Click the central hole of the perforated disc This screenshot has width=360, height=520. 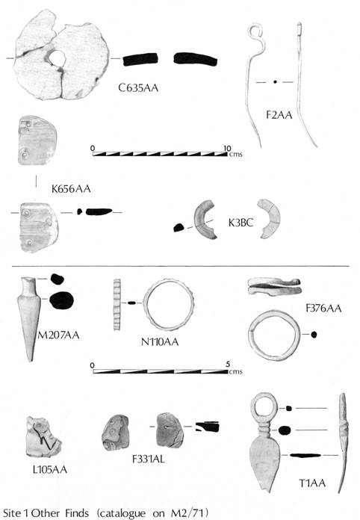[58, 58]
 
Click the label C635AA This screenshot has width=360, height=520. [138, 88]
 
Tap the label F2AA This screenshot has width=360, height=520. [279, 115]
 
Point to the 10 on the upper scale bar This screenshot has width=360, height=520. [227, 148]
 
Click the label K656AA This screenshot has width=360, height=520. [71, 189]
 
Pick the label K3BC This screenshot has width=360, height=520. [240, 223]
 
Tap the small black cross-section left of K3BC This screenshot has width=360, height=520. [179, 227]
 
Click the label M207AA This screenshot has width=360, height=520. [58, 335]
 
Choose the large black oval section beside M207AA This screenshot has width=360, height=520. [62, 300]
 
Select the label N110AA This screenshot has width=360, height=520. [160, 342]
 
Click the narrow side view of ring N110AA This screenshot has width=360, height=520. [117, 304]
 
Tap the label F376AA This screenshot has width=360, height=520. [323, 309]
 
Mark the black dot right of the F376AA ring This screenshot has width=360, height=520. [314, 335]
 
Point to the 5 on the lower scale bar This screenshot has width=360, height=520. [228, 365]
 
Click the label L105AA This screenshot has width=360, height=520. [50, 469]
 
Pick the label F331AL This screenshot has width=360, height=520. [148, 459]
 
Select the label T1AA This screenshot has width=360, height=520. [312, 483]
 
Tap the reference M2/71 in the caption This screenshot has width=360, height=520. [189, 513]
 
